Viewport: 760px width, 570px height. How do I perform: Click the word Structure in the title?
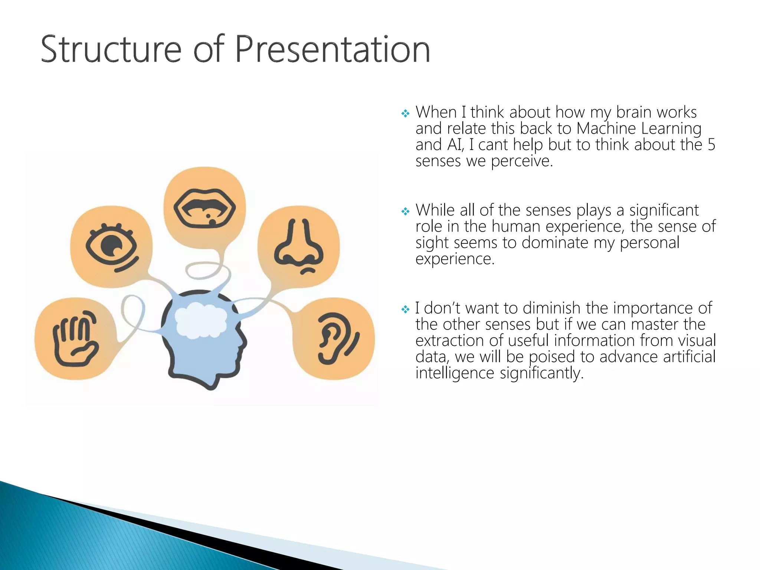[x=111, y=49]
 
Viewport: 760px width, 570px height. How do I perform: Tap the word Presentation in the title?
[x=332, y=49]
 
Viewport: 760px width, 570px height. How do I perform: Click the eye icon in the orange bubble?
[x=111, y=246]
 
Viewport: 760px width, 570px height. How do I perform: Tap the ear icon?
[x=337, y=338]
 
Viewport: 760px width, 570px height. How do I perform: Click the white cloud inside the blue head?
[x=201, y=320]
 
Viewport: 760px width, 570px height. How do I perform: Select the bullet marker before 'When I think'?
[x=405, y=113]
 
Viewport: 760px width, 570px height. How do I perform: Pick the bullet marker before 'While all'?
[x=405, y=212]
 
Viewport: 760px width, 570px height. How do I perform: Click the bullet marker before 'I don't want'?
[x=405, y=309]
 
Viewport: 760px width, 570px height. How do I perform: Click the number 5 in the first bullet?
[x=711, y=144]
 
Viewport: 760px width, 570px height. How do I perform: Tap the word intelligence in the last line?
[x=455, y=373]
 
